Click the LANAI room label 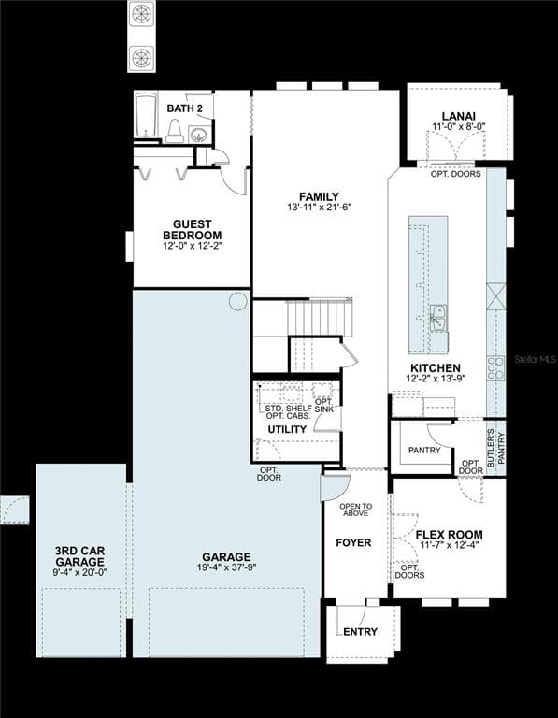tap(458, 116)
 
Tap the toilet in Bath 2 tap(175, 131)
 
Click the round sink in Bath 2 tap(199, 135)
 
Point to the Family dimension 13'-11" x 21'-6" tap(319, 207)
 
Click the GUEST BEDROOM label tap(193, 229)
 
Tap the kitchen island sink tap(438, 317)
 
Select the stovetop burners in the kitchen tap(495, 367)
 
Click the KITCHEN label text tap(436, 368)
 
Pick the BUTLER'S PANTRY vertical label tap(495, 449)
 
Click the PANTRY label tap(424, 451)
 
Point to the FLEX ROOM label tap(449, 535)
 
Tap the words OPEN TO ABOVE tap(356, 510)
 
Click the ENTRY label tap(360, 632)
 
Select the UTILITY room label tap(287, 429)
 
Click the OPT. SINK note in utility tap(324, 405)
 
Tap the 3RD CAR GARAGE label tap(79, 556)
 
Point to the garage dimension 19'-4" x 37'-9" tap(226, 567)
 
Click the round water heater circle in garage tap(238, 301)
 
